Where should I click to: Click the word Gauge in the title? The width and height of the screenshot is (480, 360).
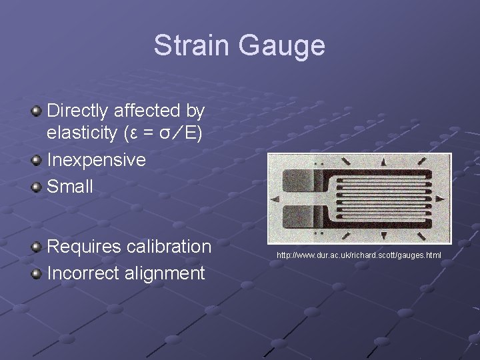tap(281, 46)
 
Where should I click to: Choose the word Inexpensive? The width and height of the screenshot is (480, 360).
tap(96, 160)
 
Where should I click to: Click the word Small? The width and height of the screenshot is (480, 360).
tap(70, 187)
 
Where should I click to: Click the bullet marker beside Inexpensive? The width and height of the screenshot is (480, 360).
tap(37, 160)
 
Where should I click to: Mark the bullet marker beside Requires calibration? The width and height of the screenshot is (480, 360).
tap(37, 247)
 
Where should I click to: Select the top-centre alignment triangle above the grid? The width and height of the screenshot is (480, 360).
tap(384, 162)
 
